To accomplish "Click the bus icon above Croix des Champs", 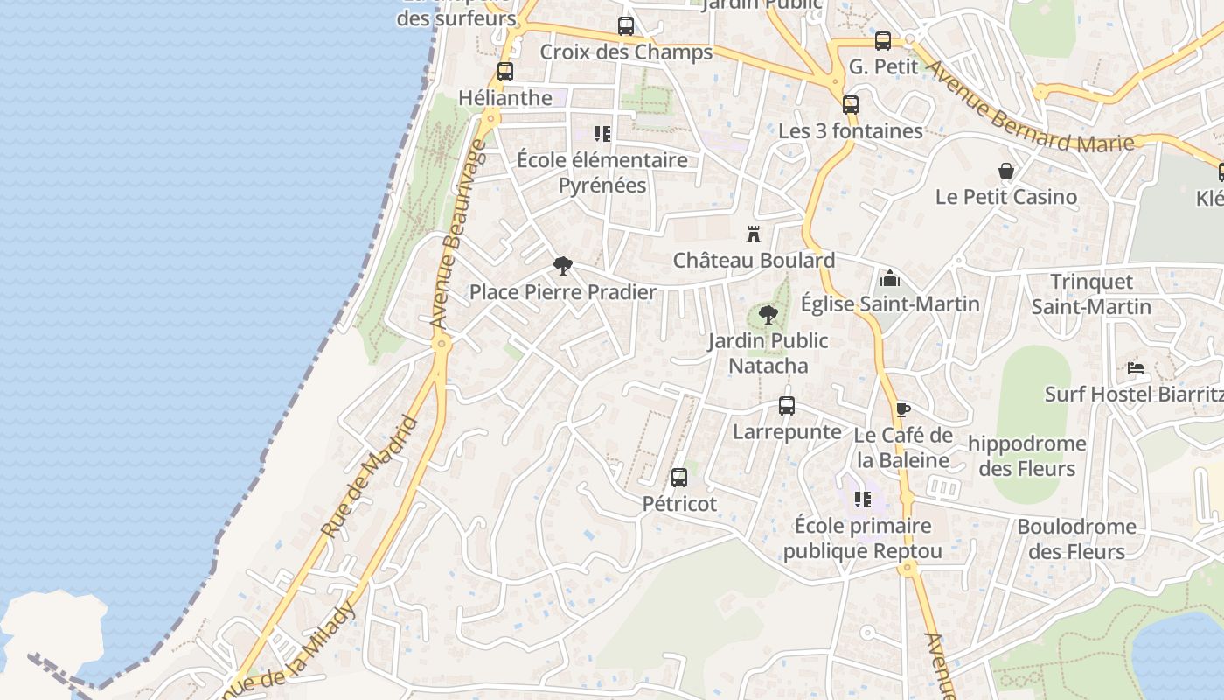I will [x=626, y=26].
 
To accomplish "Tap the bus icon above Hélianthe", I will [x=505, y=72].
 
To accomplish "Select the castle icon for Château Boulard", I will [x=754, y=234].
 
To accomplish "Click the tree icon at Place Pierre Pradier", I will [x=563, y=266].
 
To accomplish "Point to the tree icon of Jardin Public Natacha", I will [x=768, y=315].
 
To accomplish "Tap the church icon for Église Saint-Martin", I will [x=890, y=278].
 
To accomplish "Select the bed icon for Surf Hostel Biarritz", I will [x=1136, y=368].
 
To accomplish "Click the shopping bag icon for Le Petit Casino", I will [x=1006, y=171].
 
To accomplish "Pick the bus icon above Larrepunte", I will [x=787, y=406].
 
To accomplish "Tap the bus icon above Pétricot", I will [x=679, y=478].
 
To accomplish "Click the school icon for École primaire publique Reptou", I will [x=863, y=500].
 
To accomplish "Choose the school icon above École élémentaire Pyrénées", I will [x=602, y=134].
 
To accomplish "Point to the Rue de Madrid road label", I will [x=371, y=478].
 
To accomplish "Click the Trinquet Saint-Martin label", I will [x=1091, y=294].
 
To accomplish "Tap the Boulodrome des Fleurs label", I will [x=1076, y=539].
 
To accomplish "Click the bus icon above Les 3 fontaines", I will [x=851, y=105].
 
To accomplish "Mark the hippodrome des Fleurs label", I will [x=1026, y=456].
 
